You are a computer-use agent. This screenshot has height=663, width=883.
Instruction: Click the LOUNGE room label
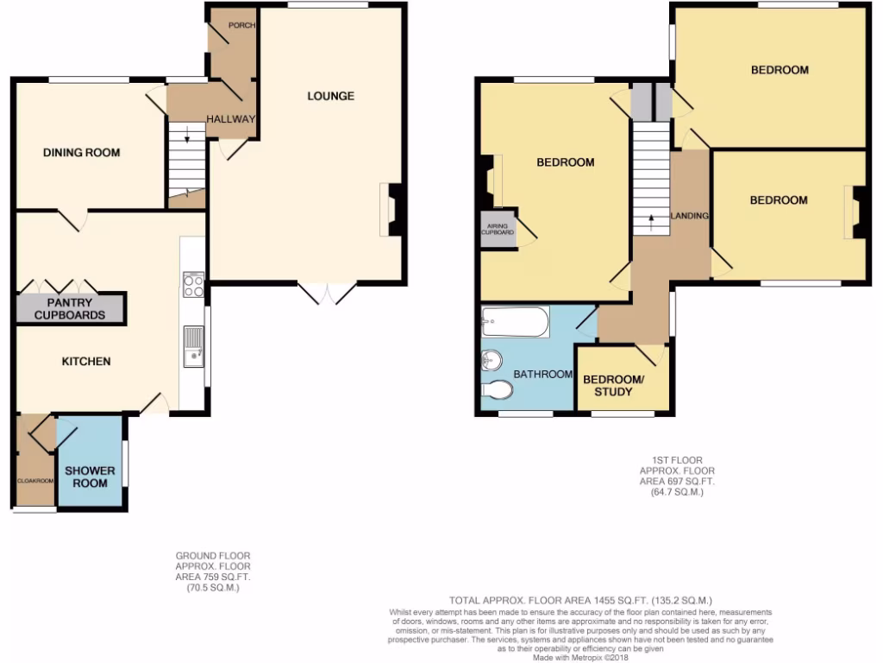click(x=330, y=96)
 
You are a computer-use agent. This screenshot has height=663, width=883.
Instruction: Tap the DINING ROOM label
click(x=82, y=153)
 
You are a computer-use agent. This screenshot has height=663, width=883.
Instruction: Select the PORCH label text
click(x=241, y=26)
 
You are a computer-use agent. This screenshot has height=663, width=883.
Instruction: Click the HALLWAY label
click(x=230, y=119)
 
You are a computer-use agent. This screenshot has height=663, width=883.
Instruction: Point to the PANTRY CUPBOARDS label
click(x=70, y=309)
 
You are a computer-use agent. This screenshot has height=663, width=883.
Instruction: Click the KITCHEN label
click(x=85, y=361)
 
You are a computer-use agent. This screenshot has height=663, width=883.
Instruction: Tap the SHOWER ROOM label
click(x=90, y=477)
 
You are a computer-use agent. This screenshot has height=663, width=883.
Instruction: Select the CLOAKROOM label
click(x=34, y=480)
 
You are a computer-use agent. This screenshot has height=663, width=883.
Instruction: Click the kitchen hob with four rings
click(x=193, y=285)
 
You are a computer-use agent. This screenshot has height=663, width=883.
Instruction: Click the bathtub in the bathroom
click(x=516, y=322)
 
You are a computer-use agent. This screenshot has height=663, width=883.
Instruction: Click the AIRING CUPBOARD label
click(x=498, y=230)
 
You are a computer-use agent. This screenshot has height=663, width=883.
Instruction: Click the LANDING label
click(x=691, y=216)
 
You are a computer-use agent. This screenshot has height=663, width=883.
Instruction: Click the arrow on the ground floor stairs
click(x=186, y=134)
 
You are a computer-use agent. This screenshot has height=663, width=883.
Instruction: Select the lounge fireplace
click(x=391, y=210)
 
